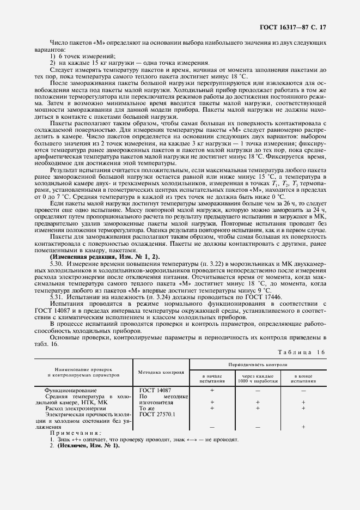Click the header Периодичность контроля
(258, 363)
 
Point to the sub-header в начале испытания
(212, 379)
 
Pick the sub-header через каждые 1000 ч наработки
(258, 379)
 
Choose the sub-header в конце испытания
(303, 379)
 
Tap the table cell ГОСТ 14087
(155, 391)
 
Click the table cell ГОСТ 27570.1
(157, 414)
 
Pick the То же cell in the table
(148, 408)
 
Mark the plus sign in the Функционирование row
(212, 391)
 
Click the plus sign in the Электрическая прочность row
(303, 427)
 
